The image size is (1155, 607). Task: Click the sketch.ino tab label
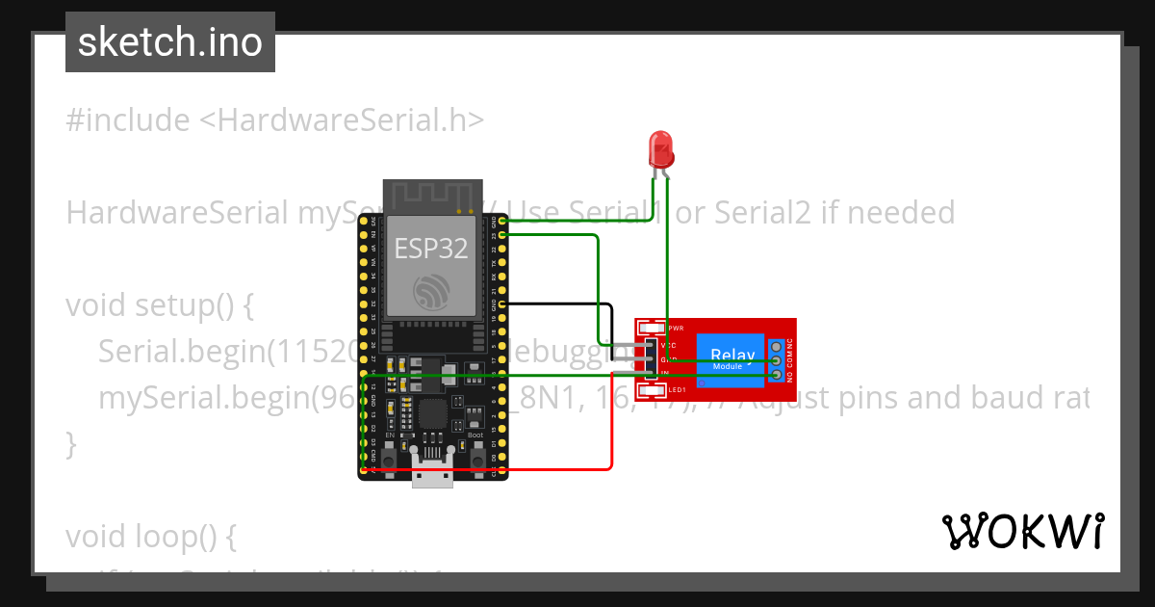coord(169,42)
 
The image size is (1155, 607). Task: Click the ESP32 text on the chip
coord(430,249)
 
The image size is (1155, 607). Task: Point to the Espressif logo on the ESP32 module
coord(430,291)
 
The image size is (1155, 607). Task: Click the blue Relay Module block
coord(730,358)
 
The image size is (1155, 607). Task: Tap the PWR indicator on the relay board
coord(652,328)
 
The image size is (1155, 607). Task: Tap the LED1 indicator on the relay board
coord(652,390)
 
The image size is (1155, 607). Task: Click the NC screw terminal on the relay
coord(776,346)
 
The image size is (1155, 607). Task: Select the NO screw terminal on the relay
coord(776,373)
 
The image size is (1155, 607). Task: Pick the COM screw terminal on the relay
coord(776,359)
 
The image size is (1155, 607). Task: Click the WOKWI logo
coord(1022,531)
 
